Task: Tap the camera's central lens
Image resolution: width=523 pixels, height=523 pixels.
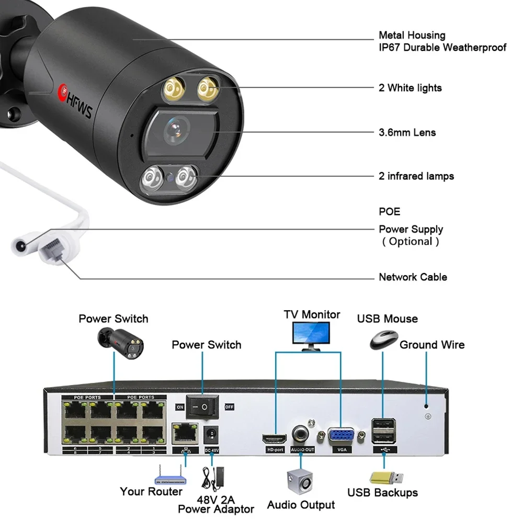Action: pos(176,130)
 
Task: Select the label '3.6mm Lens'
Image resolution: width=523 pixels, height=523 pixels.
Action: pos(407,132)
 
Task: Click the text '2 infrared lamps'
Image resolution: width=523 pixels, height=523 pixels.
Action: pos(416,176)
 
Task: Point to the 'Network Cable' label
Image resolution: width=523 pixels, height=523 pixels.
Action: pos(413,277)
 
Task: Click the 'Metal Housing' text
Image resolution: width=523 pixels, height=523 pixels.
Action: pos(412,35)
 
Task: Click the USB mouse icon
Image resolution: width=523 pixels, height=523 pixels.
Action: pos(384,340)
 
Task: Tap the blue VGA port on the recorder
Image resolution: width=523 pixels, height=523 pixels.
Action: pos(341,436)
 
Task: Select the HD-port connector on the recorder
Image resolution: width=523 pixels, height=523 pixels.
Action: pos(275,439)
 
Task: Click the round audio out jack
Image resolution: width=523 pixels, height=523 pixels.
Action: pos(300,434)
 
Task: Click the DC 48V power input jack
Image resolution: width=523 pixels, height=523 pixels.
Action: pos(211,435)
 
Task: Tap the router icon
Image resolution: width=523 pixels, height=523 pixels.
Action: pos(170,475)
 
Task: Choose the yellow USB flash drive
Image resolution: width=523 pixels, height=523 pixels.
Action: pos(386,478)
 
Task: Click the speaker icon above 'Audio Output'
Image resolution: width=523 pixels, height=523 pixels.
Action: pos(300,482)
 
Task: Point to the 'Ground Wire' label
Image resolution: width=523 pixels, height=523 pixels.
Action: pos(432,345)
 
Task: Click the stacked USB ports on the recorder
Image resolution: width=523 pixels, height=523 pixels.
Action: pos(384,430)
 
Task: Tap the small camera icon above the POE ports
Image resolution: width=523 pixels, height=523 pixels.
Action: pos(120,344)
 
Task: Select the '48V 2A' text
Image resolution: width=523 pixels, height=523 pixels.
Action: pos(216,499)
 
